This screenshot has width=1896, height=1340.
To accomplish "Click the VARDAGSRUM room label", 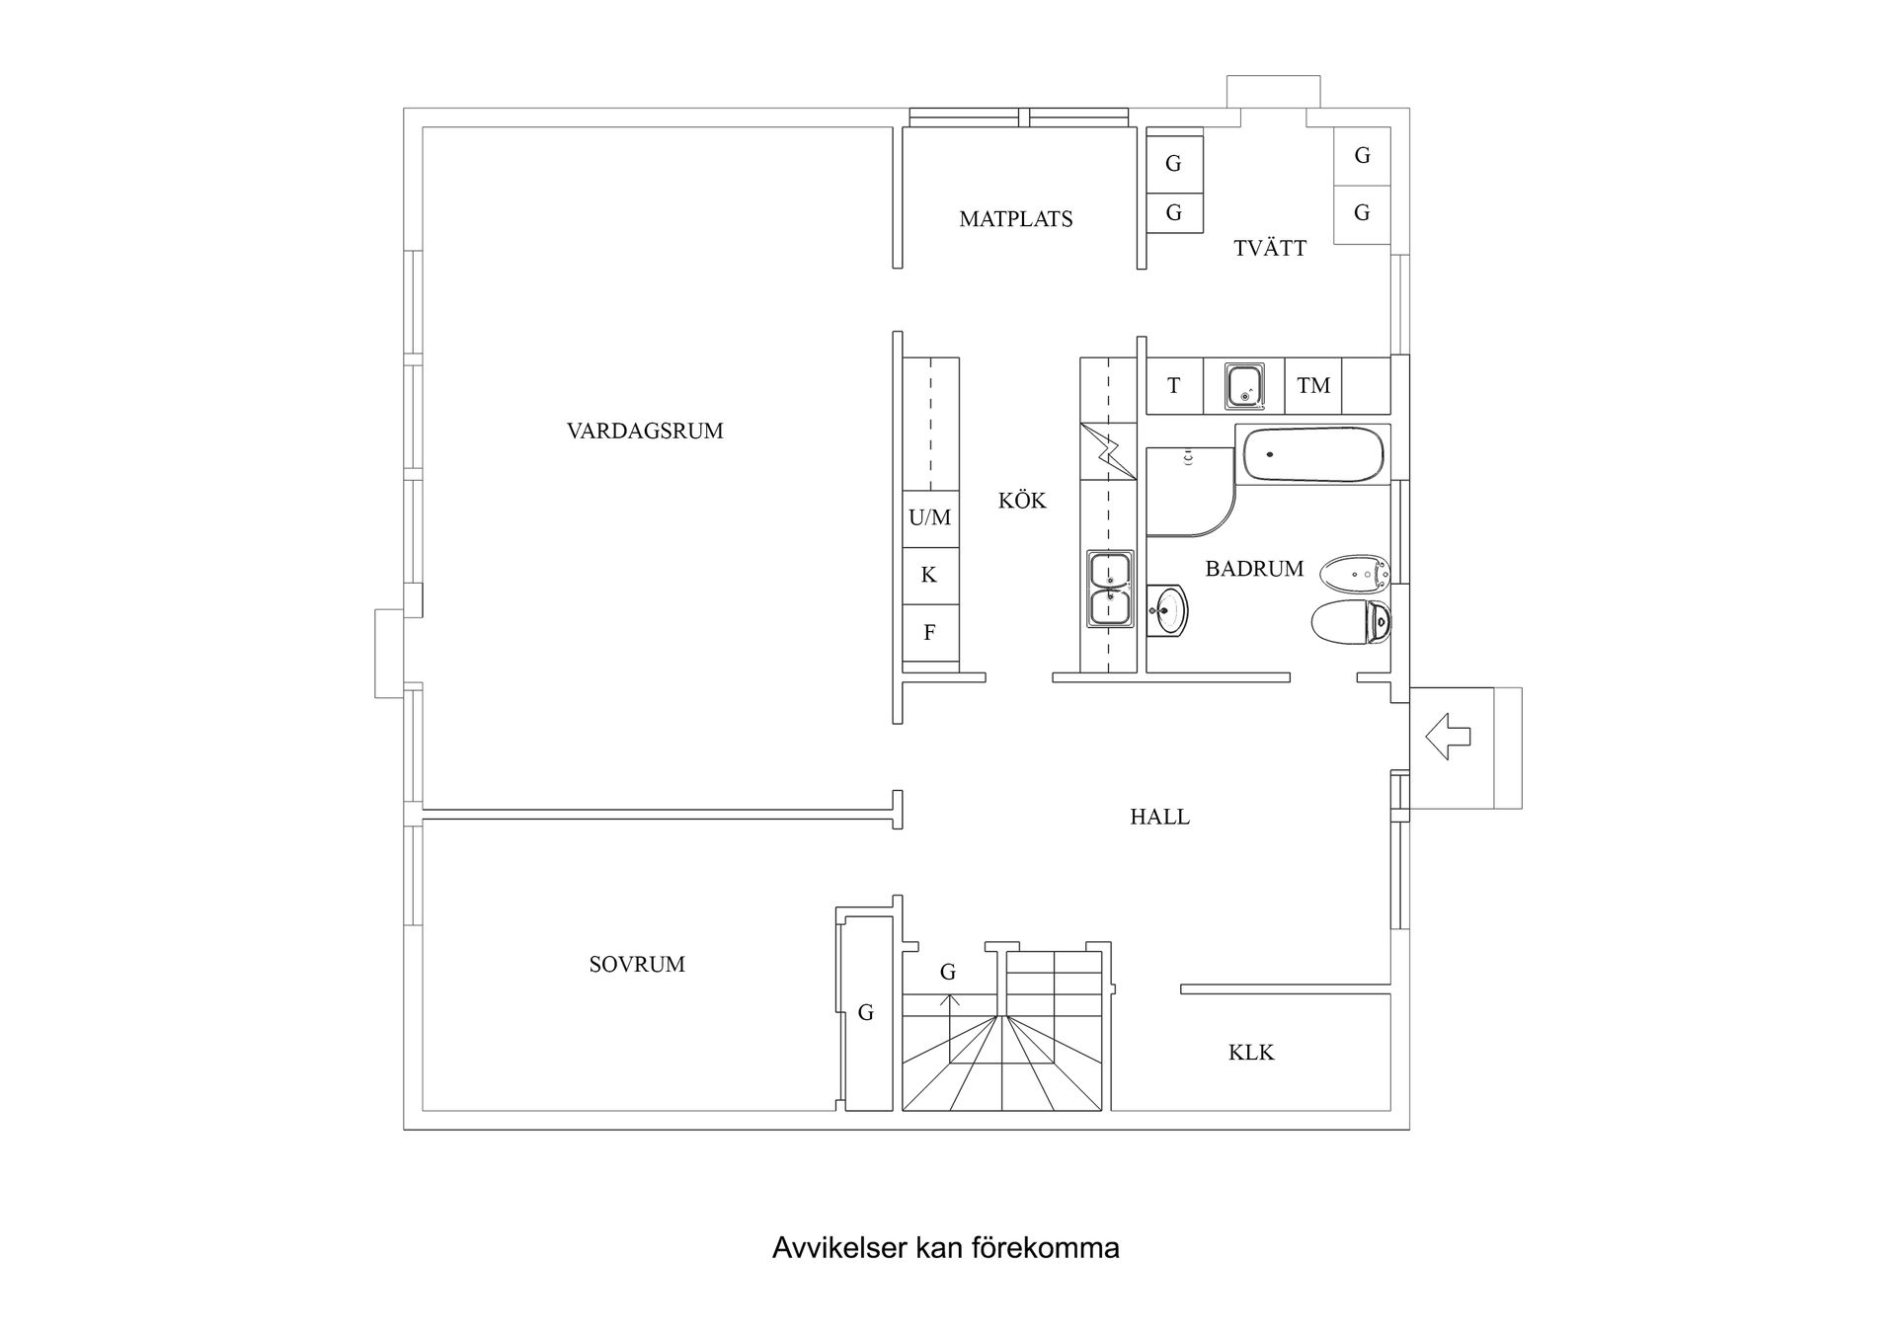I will click(x=645, y=431).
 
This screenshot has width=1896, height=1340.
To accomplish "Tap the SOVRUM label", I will click(x=637, y=965).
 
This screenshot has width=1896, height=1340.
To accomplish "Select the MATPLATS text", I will click(x=1015, y=219).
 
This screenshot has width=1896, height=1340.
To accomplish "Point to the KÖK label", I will click(x=1022, y=501).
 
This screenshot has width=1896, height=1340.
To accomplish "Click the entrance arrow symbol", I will click(x=1448, y=737).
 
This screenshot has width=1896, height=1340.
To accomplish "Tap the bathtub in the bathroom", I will click(x=1312, y=454).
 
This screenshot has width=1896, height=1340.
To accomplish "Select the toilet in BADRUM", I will click(x=1350, y=622).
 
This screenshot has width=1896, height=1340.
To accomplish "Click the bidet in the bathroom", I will click(x=1354, y=572).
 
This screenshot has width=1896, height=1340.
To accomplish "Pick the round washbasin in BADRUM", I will click(x=1168, y=610).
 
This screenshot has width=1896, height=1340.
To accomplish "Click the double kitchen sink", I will click(x=1111, y=589).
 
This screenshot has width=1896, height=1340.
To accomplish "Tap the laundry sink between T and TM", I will click(x=1244, y=385).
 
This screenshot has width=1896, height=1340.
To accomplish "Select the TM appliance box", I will click(x=1313, y=385).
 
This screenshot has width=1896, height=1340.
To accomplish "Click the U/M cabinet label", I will click(x=930, y=517).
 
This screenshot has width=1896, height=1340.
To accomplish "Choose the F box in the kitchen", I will click(x=930, y=633).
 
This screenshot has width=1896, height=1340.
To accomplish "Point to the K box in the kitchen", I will click(x=930, y=575).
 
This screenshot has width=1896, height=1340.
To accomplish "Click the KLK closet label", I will click(x=1251, y=1053).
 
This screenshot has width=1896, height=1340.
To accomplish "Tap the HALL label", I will click(x=1159, y=817).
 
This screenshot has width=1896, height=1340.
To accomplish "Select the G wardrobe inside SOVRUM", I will click(x=866, y=1012).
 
